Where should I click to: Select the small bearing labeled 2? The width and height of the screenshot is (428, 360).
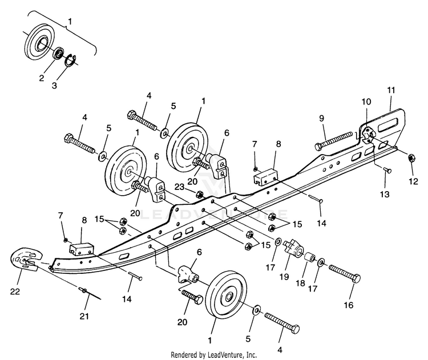tap(58, 53)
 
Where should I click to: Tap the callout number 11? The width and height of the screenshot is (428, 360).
tap(391, 90)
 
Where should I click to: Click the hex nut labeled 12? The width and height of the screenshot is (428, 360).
tap(411, 157)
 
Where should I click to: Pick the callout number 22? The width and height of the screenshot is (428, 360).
tap(15, 292)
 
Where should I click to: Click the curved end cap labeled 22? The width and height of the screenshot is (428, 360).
tap(26, 259)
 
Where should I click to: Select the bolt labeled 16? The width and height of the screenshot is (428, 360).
tap(345, 274)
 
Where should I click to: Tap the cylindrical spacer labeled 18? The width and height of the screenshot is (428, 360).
tap(310, 257)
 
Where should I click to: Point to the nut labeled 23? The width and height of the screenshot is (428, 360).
tap(199, 195)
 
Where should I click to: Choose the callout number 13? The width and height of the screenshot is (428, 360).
tap(385, 194)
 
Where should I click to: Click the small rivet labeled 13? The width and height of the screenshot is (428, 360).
tap(387, 171)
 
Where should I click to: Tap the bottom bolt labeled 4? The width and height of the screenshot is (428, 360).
tap(282, 322)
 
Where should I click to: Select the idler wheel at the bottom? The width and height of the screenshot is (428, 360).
tap(227, 295)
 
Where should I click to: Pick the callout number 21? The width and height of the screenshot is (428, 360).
tap(84, 316)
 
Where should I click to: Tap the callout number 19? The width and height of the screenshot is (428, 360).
tap(284, 277)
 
